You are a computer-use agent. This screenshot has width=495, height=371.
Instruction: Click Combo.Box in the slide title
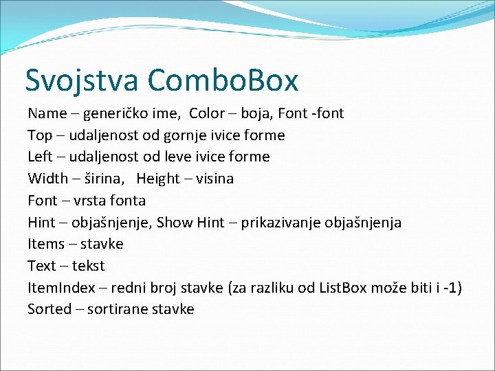(223, 80)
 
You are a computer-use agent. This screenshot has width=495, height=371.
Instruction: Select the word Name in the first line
(47, 113)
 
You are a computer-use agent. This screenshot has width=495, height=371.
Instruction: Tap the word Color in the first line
(208, 113)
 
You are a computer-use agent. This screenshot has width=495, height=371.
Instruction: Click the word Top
(39, 135)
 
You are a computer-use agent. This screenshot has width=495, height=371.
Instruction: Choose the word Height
(159, 179)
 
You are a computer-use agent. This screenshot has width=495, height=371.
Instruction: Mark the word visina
(215, 179)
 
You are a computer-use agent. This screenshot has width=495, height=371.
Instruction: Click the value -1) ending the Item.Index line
(452, 288)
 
